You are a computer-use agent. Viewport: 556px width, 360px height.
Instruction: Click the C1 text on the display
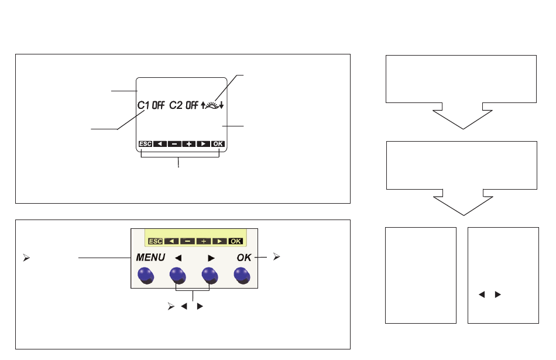click(x=143, y=105)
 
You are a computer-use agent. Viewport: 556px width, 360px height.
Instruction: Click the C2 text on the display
click(x=176, y=105)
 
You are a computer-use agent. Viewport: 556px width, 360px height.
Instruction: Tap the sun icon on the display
click(x=212, y=105)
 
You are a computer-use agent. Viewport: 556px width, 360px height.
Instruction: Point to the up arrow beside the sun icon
click(x=203, y=105)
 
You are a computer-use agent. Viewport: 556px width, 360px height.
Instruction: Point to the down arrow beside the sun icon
click(x=221, y=105)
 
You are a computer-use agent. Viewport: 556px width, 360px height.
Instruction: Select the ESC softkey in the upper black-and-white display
click(x=145, y=143)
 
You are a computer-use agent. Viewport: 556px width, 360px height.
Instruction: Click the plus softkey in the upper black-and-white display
click(x=189, y=143)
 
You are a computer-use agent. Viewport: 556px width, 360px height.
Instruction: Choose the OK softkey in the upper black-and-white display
click(x=218, y=143)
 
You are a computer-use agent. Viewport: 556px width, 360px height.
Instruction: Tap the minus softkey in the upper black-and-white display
click(x=174, y=143)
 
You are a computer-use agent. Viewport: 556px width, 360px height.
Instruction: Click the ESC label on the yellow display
click(x=155, y=241)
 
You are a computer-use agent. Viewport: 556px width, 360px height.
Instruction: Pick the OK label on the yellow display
click(x=236, y=241)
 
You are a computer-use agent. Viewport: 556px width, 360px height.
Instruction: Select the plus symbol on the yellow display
click(x=204, y=241)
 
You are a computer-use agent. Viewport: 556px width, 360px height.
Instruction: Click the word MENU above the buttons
click(x=150, y=258)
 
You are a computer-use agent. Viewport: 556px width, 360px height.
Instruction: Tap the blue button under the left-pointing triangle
click(x=178, y=276)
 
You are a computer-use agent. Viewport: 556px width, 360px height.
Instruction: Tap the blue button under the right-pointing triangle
click(x=210, y=276)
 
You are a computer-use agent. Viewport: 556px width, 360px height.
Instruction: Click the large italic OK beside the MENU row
click(x=244, y=258)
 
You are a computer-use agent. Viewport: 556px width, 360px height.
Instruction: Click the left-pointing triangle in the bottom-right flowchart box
click(x=482, y=294)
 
